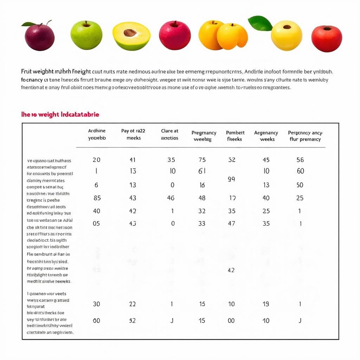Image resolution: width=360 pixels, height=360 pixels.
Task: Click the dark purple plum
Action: pyautogui.click(x=39, y=37)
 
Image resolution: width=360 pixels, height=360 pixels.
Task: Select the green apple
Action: pyautogui.click(x=86, y=35)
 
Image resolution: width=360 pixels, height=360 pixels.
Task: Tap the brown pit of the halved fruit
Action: pyautogui.click(x=130, y=33)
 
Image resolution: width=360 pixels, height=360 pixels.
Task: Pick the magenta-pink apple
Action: pyautogui.click(x=175, y=35)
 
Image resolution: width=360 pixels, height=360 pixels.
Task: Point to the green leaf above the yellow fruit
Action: pyautogui.click(x=260, y=23)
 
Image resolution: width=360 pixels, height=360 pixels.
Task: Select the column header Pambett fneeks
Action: pyautogui.click(x=235, y=136)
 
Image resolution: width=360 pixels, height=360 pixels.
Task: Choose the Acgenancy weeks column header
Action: pyautogui.click(x=266, y=136)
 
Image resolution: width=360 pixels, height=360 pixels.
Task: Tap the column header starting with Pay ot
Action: pyautogui.click(x=133, y=134)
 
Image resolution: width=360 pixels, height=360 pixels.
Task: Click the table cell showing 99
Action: pyautogui.click(x=231, y=179)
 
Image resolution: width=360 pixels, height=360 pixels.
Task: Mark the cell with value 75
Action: pyautogui.click(x=202, y=160)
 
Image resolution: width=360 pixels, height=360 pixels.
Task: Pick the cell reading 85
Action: pyautogui.click(x=97, y=198)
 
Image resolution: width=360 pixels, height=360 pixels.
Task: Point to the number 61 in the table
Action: pyautogui.click(x=202, y=171)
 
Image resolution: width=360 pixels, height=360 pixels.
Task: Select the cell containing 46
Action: pyautogui.click(x=171, y=198)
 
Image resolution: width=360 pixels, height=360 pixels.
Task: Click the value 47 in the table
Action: pyautogui.click(x=231, y=224)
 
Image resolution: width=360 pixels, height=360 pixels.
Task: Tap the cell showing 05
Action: pyautogui.click(x=96, y=224)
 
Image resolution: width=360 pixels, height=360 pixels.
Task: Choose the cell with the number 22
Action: pyautogui.click(x=132, y=304)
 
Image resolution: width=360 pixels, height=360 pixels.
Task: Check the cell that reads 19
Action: pyautogui.click(x=266, y=304)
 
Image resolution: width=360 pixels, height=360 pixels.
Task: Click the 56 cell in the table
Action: pyautogui.click(x=300, y=160)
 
